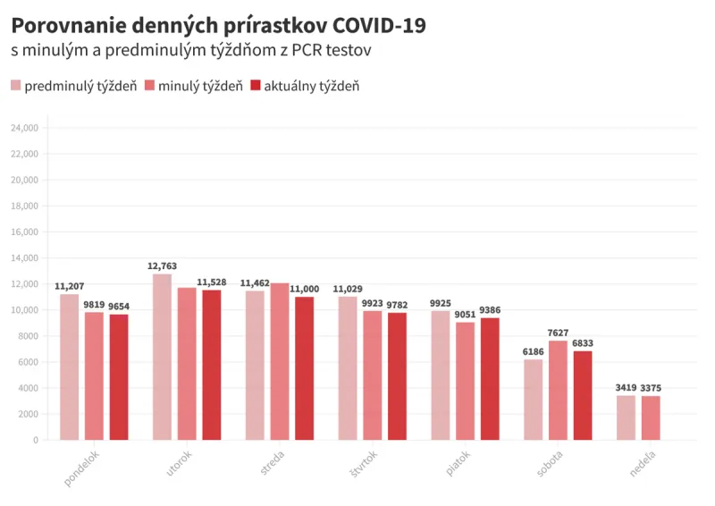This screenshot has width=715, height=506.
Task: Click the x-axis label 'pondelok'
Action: coord(81,468)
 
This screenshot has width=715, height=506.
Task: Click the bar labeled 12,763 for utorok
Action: coord(162,357)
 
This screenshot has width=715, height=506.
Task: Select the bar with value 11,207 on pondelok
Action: coord(69,367)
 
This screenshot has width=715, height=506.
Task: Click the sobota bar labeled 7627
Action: coord(558,390)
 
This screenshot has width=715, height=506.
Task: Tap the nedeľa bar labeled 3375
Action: coord(650,417)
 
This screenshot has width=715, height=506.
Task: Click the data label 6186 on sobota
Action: coord(533,352)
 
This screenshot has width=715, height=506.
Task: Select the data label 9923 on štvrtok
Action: coord(372,303)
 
